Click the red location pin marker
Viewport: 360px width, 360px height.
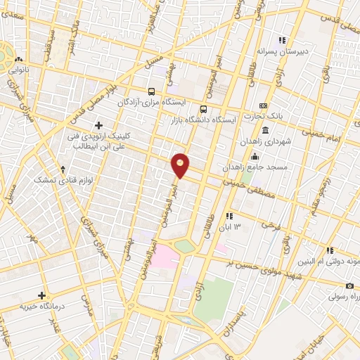[x=181, y=165]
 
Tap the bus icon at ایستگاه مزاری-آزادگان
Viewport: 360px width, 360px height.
[x=151, y=91]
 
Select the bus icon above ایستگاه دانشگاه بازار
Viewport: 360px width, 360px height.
[x=203, y=109]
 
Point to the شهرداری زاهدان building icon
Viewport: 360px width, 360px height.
[x=264, y=130]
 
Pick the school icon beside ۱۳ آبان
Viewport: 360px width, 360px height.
[x=229, y=215]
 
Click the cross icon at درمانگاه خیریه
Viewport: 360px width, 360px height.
[x=41, y=295]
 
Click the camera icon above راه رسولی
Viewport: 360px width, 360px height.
[x=349, y=285]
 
